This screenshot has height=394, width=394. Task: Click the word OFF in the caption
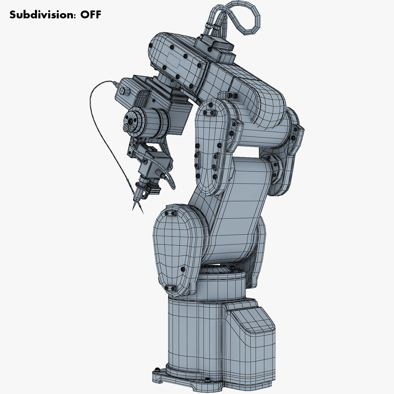[x=91, y=15]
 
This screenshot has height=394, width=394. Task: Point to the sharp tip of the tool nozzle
[x=133, y=209]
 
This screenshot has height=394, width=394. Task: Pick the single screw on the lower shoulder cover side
[x=183, y=269]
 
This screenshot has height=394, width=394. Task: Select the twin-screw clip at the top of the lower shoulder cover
[x=170, y=213]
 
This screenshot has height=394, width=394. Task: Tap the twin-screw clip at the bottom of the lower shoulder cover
[x=170, y=288]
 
